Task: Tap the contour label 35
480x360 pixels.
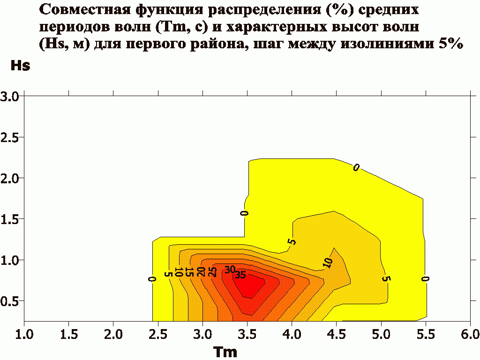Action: (240, 275)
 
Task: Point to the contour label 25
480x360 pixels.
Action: (212, 272)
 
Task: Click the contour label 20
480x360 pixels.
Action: (201, 272)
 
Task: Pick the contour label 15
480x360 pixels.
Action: (189, 272)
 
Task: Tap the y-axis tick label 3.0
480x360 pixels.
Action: (9, 97)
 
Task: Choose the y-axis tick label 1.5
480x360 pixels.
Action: (9, 219)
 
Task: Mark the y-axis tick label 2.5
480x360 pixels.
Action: (9, 137)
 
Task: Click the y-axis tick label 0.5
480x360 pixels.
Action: (9, 300)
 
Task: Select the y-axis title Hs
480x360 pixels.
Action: (20, 65)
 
